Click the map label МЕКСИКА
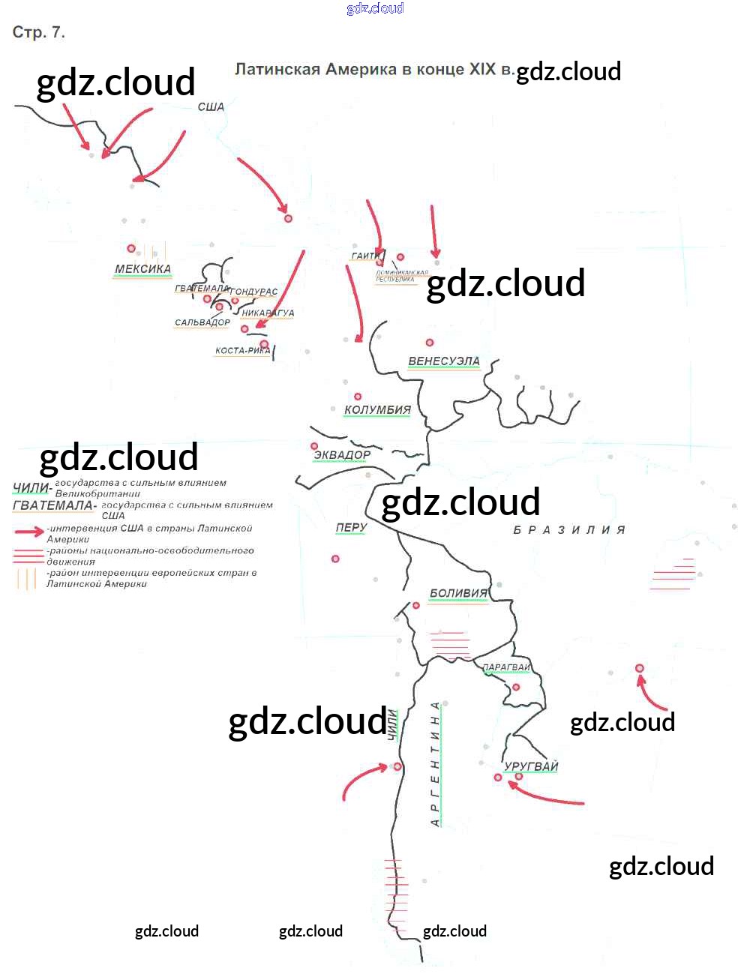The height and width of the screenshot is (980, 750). pyautogui.click(x=142, y=269)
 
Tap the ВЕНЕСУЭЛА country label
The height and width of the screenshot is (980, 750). pyautogui.click(x=443, y=361)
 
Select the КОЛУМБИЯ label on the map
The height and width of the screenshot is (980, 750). pyautogui.click(x=377, y=410)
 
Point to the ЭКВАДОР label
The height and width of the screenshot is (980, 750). pyautogui.click(x=342, y=455)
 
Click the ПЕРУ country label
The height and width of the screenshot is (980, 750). pyautogui.click(x=351, y=528)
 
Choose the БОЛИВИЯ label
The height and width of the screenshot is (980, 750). pyautogui.click(x=458, y=594)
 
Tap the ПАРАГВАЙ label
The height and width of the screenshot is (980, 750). pyautogui.click(x=506, y=667)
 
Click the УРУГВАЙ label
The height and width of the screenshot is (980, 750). pyautogui.click(x=531, y=766)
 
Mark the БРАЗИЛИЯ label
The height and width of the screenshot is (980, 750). pyautogui.click(x=569, y=530)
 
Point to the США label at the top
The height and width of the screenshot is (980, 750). pyautogui.click(x=211, y=107)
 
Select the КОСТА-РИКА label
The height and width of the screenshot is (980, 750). pyautogui.click(x=242, y=350)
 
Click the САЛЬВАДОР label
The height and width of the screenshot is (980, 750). pyautogui.click(x=202, y=322)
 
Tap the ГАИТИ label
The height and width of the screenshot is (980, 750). pyautogui.click(x=365, y=256)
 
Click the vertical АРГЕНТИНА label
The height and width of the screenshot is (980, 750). pyautogui.click(x=435, y=764)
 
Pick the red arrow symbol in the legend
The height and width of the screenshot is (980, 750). pyautogui.click(x=29, y=532)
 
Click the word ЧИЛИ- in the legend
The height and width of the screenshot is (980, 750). pyautogui.click(x=32, y=488)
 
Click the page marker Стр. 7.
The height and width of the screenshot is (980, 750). pyautogui.click(x=39, y=32)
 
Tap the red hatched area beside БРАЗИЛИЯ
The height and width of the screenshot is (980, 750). pyautogui.click(x=673, y=574)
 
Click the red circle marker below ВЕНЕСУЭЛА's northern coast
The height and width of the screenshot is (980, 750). pyautogui.click(x=430, y=343)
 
